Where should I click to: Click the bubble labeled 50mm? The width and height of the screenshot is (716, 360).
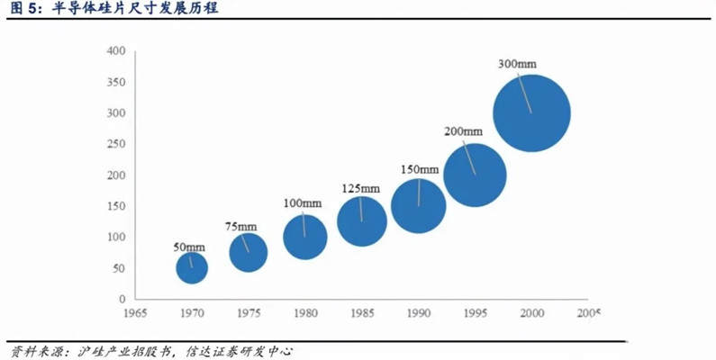click(x=191, y=267)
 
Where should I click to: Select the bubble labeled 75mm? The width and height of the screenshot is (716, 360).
click(x=248, y=252)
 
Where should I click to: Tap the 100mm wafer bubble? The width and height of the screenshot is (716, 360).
click(x=304, y=238)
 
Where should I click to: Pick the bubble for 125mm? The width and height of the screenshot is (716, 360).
click(x=362, y=221)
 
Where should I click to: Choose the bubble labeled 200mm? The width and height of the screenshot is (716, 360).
click(x=475, y=175)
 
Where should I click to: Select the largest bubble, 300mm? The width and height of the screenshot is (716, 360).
click(x=531, y=114)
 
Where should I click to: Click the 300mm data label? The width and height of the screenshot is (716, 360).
click(x=518, y=64)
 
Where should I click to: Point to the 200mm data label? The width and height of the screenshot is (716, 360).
click(x=464, y=131)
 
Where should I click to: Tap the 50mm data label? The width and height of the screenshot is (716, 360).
click(x=189, y=247)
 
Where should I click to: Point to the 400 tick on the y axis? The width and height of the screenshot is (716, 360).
click(x=115, y=51)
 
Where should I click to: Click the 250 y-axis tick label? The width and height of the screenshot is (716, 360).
click(x=115, y=144)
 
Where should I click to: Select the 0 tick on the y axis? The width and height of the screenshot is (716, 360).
click(x=121, y=299)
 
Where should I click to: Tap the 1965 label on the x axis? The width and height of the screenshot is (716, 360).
click(x=135, y=312)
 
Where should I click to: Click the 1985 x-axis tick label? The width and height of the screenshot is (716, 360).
click(x=362, y=312)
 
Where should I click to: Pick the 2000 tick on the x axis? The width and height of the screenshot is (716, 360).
click(x=531, y=312)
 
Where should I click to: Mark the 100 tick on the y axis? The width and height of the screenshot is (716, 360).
click(x=115, y=237)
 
